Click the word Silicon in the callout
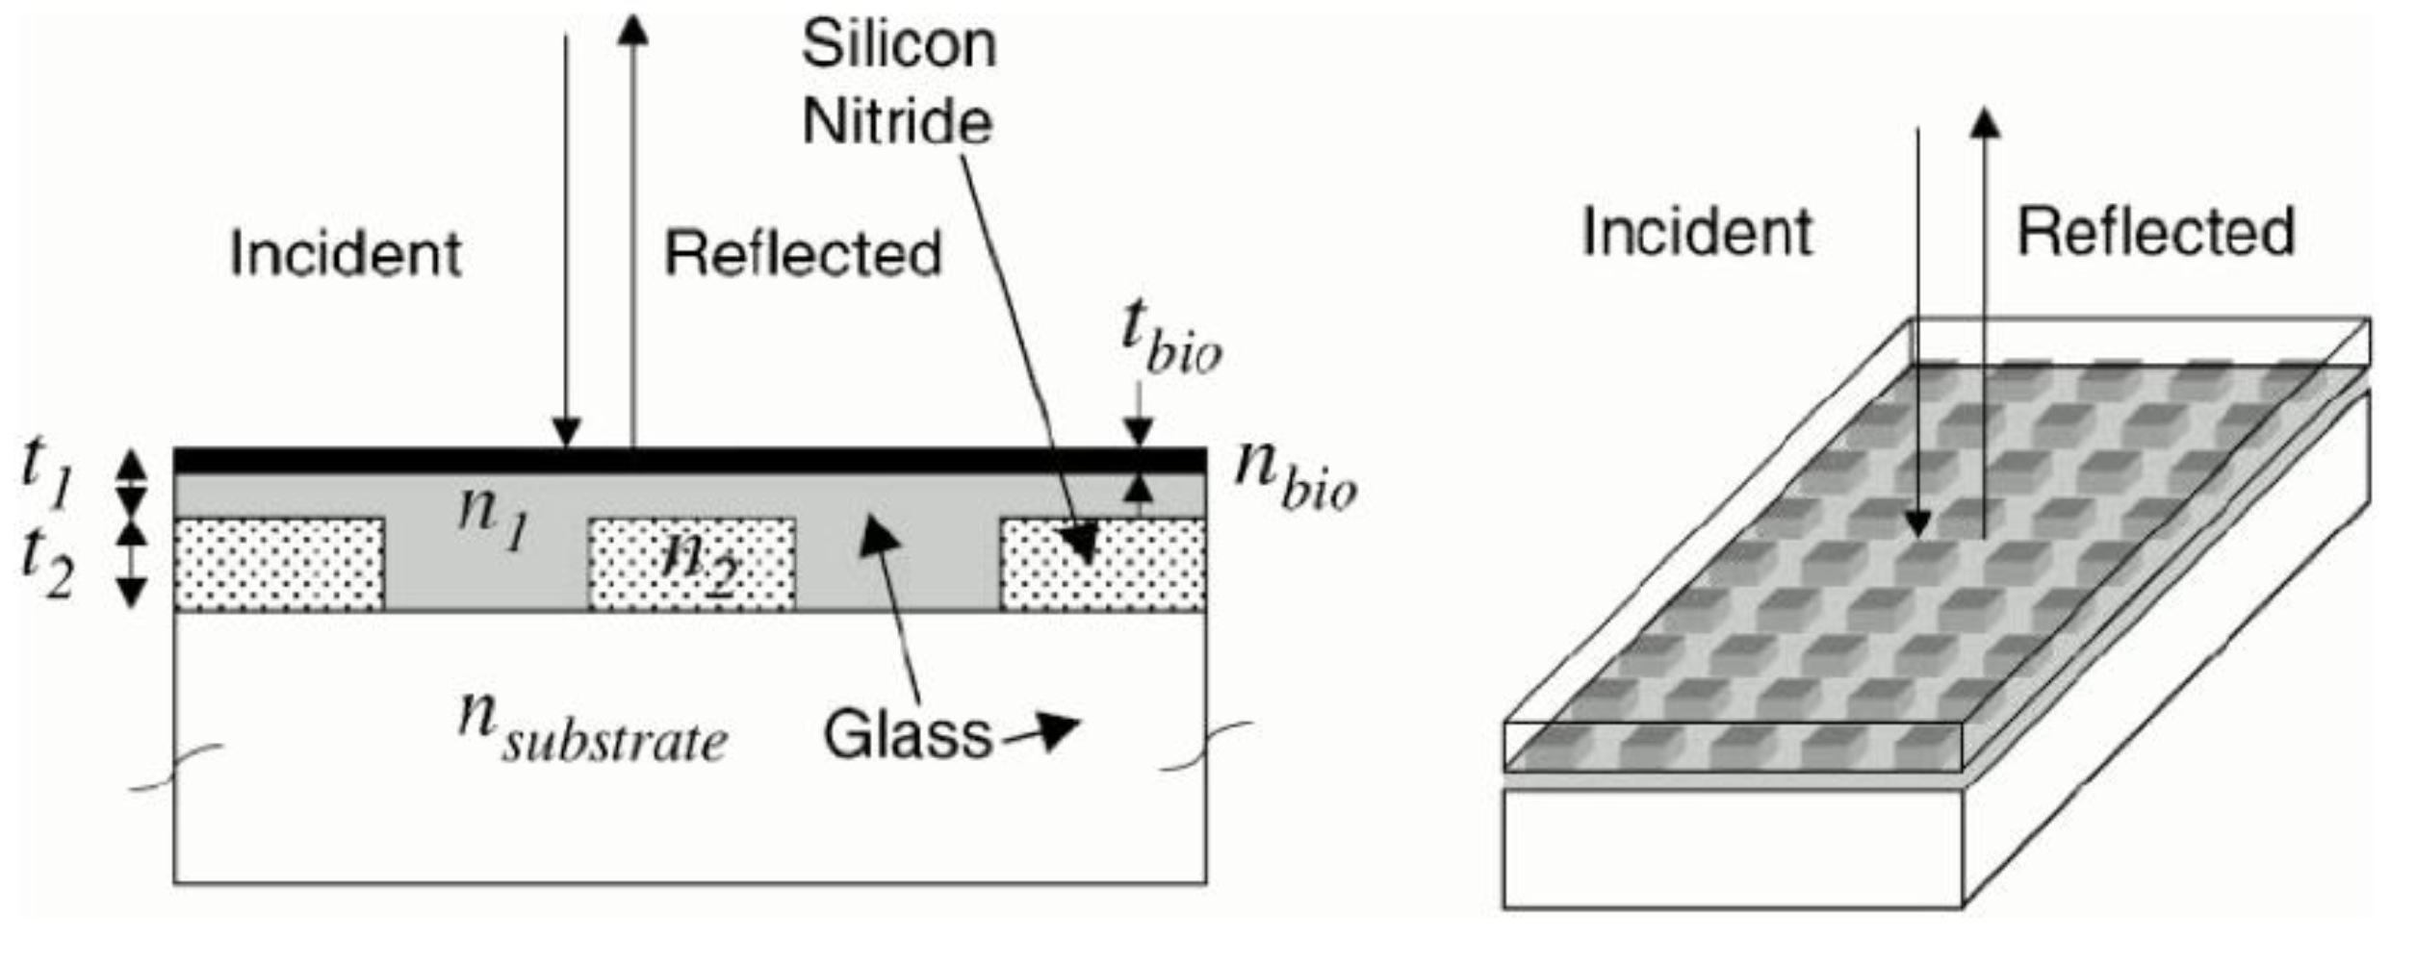(x=899, y=45)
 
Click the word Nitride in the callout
(x=897, y=122)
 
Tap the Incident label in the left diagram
(x=346, y=254)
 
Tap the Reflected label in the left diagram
(x=803, y=254)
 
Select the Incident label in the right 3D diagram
(x=1697, y=232)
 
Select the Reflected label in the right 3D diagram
(x=2156, y=232)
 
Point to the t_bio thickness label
(x=1170, y=337)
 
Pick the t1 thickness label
(x=46, y=471)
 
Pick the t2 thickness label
(x=46, y=564)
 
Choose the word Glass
(x=907, y=735)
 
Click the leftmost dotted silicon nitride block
(x=279, y=565)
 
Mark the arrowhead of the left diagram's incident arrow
(x=566, y=433)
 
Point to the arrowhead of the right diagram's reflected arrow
(x=1984, y=123)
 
